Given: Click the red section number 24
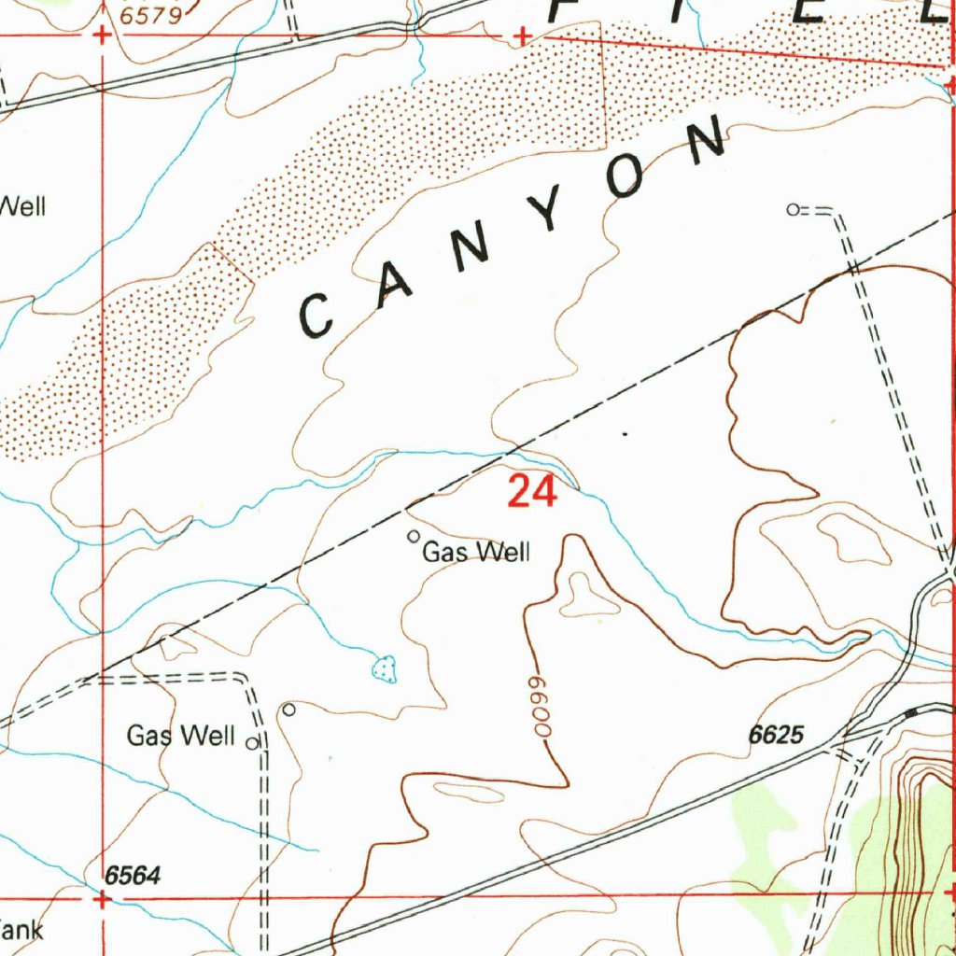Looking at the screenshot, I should click(532, 491).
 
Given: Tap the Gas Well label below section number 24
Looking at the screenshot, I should click(476, 553).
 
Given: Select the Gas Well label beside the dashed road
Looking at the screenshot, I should click(180, 736).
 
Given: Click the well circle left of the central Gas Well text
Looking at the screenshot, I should click(414, 536).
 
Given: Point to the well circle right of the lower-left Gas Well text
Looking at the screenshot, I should click(251, 744).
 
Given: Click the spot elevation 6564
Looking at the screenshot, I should click(133, 876).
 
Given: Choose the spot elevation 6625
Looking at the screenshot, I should click(775, 736).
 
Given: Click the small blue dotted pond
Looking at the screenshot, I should click(384, 668).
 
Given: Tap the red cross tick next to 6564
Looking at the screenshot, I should click(102, 899).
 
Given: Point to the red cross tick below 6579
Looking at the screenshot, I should click(102, 36).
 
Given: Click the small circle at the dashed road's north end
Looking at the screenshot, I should click(793, 210).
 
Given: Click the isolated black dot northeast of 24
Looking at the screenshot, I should click(625, 434).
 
